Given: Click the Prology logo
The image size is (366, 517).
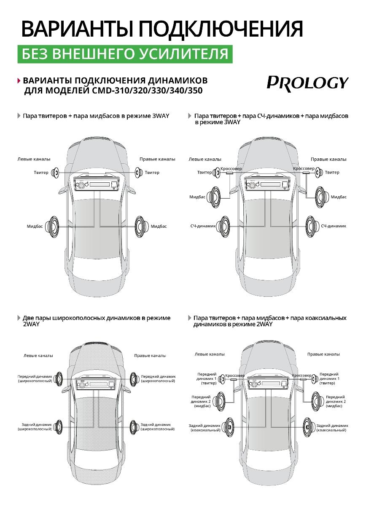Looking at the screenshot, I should (x=307, y=83).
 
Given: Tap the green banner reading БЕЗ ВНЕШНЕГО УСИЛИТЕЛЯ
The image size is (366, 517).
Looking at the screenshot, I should (x=125, y=54).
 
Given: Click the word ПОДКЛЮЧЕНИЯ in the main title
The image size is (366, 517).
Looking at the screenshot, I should (x=221, y=29).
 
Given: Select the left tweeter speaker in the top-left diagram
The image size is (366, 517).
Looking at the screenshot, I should (x=55, y=172).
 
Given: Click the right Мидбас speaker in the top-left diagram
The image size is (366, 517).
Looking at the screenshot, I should (x=140, y=226).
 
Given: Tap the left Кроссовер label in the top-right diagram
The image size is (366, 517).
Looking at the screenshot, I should (x=231, y=168).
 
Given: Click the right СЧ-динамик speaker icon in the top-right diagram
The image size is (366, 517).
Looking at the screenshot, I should (x=312, y=226).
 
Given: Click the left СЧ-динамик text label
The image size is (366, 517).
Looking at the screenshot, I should (x=203, y=226).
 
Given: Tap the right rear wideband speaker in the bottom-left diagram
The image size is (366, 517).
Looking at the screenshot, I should (x=135, y=426).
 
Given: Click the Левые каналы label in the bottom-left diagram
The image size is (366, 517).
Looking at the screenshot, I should (x=38, y=356).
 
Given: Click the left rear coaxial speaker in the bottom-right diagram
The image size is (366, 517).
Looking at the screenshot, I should (x=228, y=427).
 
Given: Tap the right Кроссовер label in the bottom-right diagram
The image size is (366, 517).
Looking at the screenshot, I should (x=301, y=376).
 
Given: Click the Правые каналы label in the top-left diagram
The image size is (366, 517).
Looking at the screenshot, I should (x=157, y=159).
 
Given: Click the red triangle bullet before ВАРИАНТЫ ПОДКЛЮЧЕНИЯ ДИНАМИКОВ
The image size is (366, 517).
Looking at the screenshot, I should (x=19, y=80).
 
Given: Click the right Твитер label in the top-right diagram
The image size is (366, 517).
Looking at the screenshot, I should (x=332, y=172).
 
